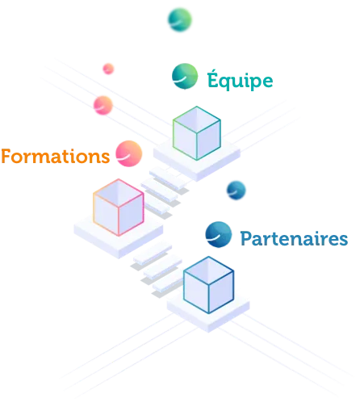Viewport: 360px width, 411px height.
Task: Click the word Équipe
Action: point(240,80)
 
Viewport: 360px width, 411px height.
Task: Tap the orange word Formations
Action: point(56,157)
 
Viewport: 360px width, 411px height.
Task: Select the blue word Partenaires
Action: point(294,238)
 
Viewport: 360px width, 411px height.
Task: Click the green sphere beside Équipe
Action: point(185,76)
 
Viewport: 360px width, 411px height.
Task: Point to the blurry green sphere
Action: point(180,20)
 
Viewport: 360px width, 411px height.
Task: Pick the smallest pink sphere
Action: point(108,69)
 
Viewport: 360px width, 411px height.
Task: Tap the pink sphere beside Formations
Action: point(129,153)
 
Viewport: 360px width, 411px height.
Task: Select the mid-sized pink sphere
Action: point(103,105)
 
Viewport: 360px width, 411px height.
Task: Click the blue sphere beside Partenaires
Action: point(219,234)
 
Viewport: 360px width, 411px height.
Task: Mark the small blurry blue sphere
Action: point(237,191)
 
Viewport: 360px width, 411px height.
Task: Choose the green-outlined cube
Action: point(197,133)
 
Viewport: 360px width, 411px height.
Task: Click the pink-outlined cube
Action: point(119,208)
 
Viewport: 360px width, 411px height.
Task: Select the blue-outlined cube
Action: point(209,285)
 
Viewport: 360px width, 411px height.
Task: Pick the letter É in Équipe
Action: point(212,78)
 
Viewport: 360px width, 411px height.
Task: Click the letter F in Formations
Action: point(6,157)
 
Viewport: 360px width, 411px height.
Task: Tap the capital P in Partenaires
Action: point(246,238)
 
